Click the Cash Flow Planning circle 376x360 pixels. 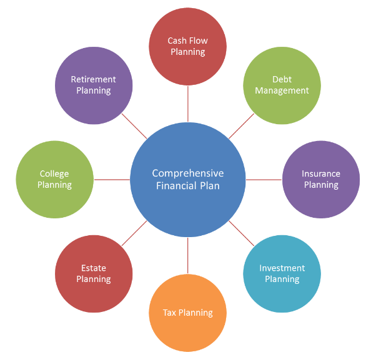tap(188, 46)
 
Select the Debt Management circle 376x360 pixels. tap(282, 85)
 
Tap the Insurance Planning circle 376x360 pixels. tap(321, 180)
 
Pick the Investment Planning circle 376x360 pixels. tap(282, 273)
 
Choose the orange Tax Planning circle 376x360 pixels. tap(188, 313)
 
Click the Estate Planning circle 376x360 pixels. tap(94, 273)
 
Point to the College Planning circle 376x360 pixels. tap(55, 180)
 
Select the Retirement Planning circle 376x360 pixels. tap(94, 85)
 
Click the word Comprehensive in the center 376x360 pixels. tap(188, 173)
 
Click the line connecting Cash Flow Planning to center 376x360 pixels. tap(188, 104)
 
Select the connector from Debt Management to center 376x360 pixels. tap(242, 126)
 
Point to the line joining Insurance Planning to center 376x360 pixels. tap(264, 180)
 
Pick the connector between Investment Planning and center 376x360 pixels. tap(242, 233)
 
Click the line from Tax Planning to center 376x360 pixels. tap(188, 255)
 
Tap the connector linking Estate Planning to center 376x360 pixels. tap(134, 233)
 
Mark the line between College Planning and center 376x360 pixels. tap(112, 180)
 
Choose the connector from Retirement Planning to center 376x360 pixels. tap(134, 126)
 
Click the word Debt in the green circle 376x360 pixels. tap(282, 79)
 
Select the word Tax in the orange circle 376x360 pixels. tap(169, 313)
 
